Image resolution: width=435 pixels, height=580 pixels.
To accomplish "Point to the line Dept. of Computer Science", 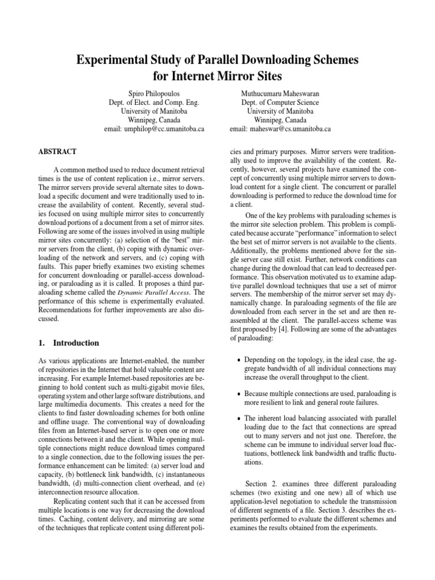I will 280,102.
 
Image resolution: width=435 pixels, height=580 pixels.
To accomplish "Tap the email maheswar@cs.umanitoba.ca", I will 280,129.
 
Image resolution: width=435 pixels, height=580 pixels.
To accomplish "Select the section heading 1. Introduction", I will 69,343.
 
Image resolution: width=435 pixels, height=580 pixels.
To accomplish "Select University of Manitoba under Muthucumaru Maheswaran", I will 280,111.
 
